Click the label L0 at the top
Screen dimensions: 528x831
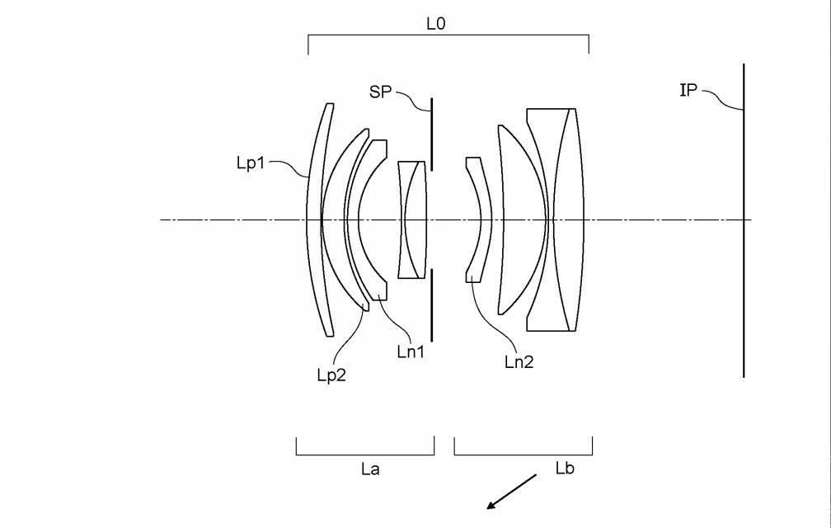pyautogui.click(x=435, y=24)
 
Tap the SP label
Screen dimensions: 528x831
pyautogui.click(x=380, y=92)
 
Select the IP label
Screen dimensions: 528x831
pyautogui.click(x=688, y=91)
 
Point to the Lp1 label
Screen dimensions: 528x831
pyautogui.click(x=251, y=163)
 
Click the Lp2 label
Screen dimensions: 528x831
pyautogui.click(x=332, y=375)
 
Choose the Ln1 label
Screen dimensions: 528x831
pyautogui.click(x=410, y=352)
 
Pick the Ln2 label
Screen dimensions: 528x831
pyautogui.click(x=519, y=361)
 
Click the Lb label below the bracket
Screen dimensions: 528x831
pyautogui.click(x=564, y=470)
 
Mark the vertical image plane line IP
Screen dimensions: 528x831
pyautogui.click(x=744, y=247)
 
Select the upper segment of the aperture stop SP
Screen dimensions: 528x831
pyautogui.click(x=431, y=132)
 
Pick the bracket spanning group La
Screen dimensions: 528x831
pyautogui.click(x=365, y=453)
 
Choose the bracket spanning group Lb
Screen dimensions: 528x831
pyautogui.click(x=523, y=453)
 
